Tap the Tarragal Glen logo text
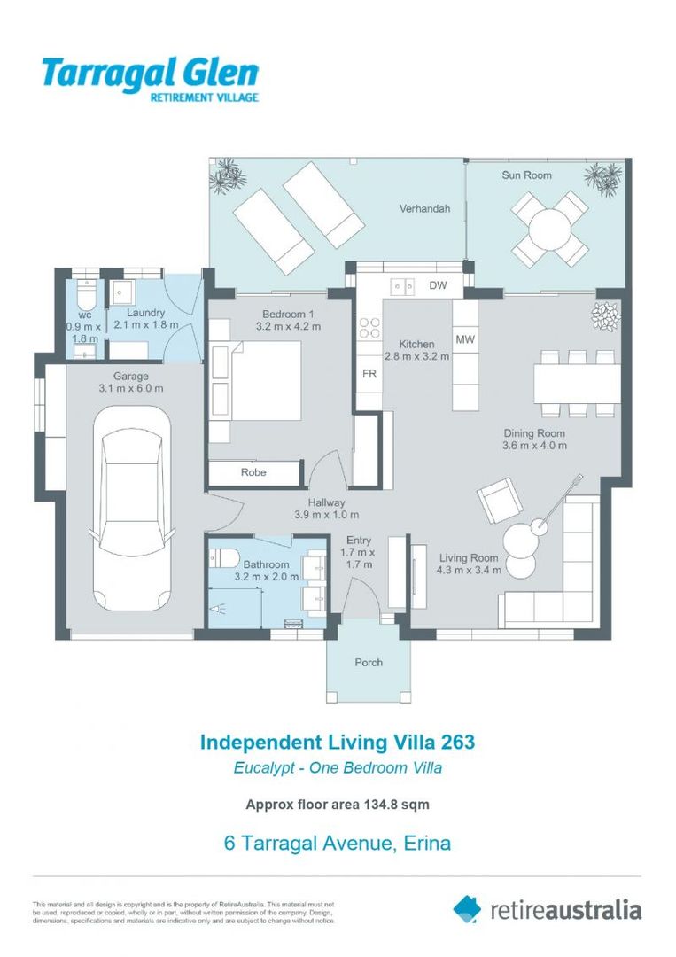pos(150,74)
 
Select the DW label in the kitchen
pos(438,285)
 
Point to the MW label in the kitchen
pos(464,339)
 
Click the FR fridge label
pos(369,374)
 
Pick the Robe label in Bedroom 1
pos(253,472)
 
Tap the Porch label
pos(369,662)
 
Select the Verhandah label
pos(424,209)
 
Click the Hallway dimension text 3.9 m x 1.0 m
pos(326,515)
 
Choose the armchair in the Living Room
pos(500,502)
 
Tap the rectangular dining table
pos(577,383)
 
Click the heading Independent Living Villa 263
pos(338,742)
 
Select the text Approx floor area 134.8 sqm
pos(338,805)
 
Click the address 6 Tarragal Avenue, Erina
pos(338,843)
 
